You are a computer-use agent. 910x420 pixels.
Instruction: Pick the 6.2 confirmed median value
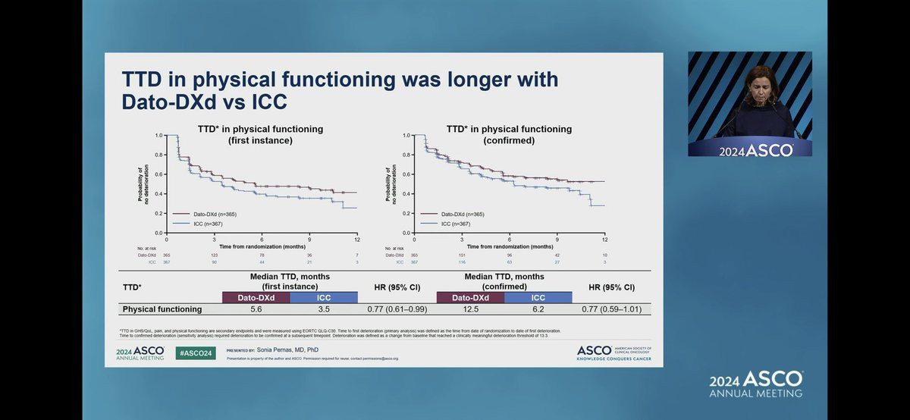pyautogui.click(x=538, y=309)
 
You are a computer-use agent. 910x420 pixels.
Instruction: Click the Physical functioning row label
pyautogui.click(x=162, y=309)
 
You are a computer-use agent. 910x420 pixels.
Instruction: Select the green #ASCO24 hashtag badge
pyautogui.click(x=196, y=353)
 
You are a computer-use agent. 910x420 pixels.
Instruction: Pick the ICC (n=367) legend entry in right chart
pyautogui.click(x=453, y=224)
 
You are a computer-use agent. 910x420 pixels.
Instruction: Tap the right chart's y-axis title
pyautogui.click(x=390, y=185)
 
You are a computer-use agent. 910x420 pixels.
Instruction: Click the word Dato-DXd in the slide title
pyautogui.click(x=164, y=102)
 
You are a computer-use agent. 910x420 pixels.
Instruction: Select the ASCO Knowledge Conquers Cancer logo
pyautogui.click(x=613, y=353)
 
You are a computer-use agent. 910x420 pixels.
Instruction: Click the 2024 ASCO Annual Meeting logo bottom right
pyautogui.click(x=755, y=384)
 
